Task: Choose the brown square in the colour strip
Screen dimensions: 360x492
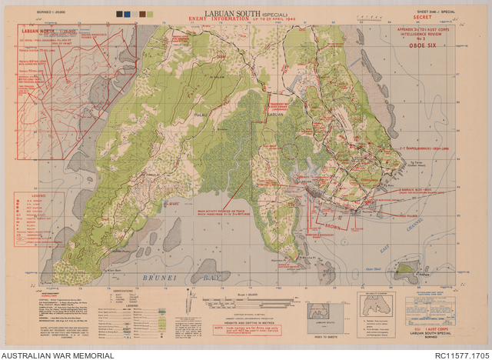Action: (127, 13)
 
